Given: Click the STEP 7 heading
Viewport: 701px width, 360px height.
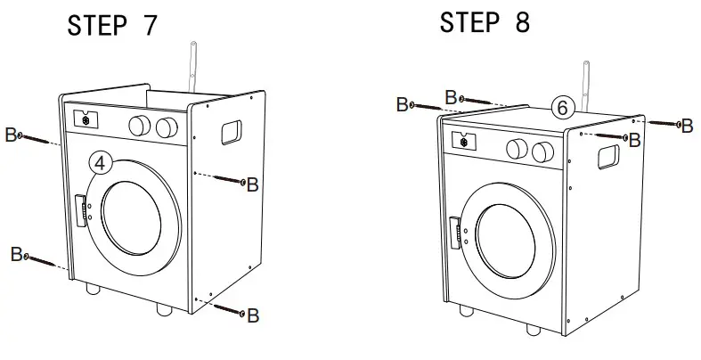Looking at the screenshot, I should (x=112, y=26).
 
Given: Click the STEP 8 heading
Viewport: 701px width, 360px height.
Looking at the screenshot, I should (x=484, y=23).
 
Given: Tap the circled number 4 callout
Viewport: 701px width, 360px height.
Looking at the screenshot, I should (x=102, y=164).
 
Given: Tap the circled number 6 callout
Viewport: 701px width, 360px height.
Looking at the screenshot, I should (x=560, y=108).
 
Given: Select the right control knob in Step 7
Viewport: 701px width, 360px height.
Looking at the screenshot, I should (x=166, y=128).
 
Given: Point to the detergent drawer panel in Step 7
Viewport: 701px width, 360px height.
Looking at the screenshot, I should (x=86, y=119).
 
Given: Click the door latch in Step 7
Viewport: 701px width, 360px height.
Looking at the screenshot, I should (x=83, y=211).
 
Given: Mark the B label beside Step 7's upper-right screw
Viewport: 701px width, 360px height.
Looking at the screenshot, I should (x=252, y=184).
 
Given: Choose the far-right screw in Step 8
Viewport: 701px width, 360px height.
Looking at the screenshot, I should (x=665, y=124).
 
